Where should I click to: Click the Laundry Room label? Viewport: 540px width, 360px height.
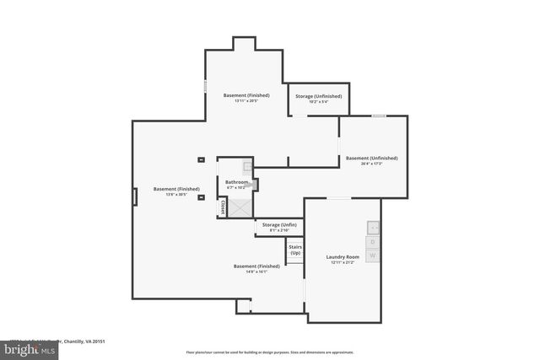pos(343,256)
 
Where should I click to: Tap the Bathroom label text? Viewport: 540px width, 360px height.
pos(236,182)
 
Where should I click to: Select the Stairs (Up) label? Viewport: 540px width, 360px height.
pos(295,250)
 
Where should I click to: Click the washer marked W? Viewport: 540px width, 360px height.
pos(373,255)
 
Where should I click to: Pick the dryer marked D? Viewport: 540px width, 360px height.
pos(373,241)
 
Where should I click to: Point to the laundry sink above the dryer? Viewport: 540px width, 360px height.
pos(373,227)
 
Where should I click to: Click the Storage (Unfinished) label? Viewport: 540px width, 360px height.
pos(319,96)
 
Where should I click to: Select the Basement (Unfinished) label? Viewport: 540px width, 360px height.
pos(371,158)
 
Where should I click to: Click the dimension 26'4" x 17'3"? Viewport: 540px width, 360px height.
pos(371,164)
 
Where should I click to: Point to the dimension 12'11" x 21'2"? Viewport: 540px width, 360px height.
pos(343,262)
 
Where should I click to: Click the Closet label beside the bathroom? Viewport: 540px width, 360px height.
pos(223,207)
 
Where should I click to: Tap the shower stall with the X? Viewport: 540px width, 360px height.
pos(240,207)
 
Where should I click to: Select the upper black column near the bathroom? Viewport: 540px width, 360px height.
pos(201,159)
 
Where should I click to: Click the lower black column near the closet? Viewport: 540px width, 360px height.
pos(201,198)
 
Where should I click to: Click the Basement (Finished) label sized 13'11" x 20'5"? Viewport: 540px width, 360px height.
pos(246,95)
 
